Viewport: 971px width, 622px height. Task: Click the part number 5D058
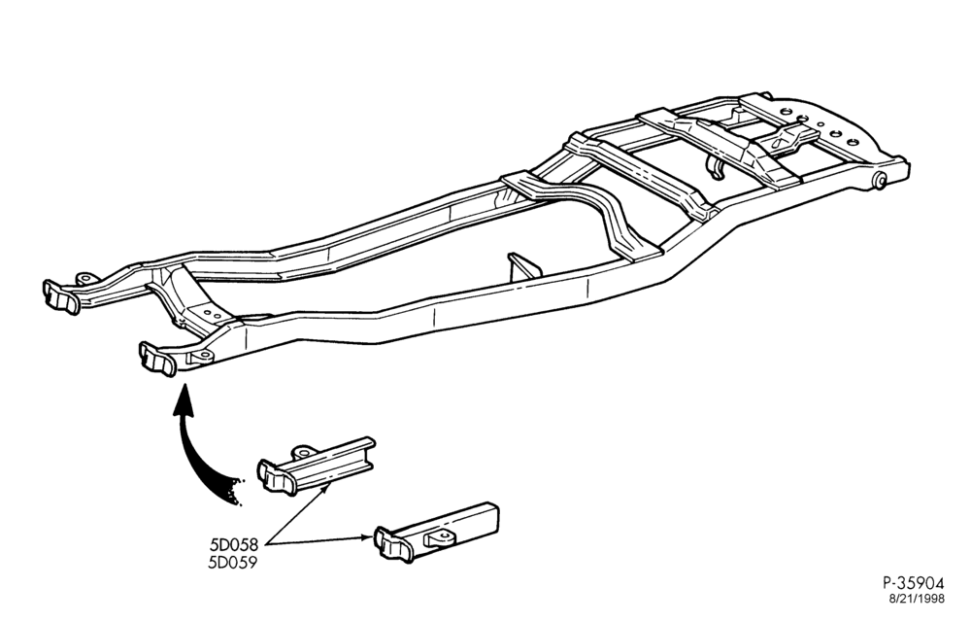pos(233,546)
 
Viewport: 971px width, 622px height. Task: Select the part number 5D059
pos(233,563)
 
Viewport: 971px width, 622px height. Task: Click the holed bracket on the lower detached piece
pos(442,536)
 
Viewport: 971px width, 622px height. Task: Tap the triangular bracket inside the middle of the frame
pos(524,268)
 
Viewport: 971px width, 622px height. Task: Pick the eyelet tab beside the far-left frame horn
pos(84,279)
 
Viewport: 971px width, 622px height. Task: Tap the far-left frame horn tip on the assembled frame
pos(61,296)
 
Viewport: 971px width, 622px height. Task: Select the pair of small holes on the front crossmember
pos(212,314)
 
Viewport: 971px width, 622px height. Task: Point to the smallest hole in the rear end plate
pos(820,124)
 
